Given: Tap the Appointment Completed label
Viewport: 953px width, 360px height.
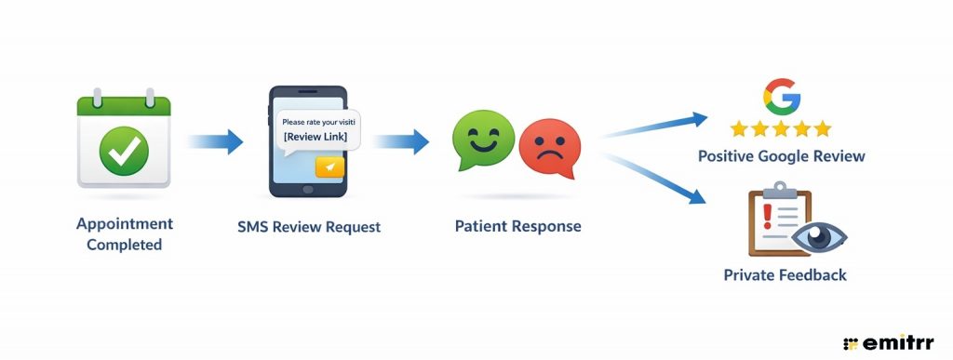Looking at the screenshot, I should click(x=124, y=233).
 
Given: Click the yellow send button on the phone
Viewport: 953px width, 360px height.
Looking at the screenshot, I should click(x=329, y=167).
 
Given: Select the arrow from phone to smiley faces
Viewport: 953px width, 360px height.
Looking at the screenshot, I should click(x=401, y=142).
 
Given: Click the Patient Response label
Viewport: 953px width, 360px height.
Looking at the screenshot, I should click(x=517, y=226).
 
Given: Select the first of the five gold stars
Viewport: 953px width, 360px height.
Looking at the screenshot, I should click(x=740, y=128).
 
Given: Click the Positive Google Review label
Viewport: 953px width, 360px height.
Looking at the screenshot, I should click(x=781, y=155).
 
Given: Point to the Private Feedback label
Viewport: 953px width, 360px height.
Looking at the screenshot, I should click(x=785, y=275).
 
